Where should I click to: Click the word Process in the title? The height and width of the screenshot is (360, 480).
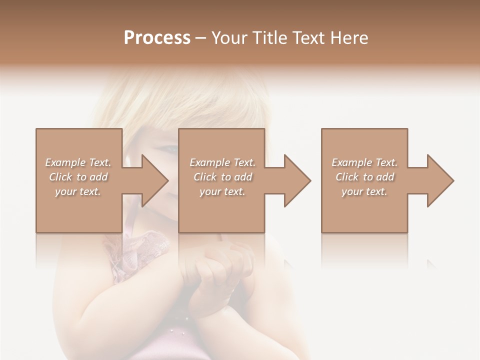point(157,38)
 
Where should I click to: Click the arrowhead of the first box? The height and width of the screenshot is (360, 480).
point(153,180)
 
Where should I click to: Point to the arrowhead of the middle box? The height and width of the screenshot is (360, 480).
point(296,180)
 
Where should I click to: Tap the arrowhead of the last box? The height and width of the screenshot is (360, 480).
point(439,180)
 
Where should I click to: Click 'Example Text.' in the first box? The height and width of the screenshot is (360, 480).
point(78,162)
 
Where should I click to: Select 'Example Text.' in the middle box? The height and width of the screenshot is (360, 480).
point(222,162)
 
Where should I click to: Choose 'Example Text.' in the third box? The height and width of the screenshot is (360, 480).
point(364,162)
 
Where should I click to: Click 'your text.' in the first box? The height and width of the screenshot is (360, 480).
point(78,191)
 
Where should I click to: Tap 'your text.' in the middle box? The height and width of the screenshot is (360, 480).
point(222,191)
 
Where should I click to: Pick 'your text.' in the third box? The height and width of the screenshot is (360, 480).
point(364,191)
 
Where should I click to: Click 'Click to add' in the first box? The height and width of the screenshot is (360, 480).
point(78,177)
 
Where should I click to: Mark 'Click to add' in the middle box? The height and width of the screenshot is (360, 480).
point(222,177)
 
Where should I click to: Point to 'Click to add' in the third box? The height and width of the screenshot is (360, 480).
point(364,177)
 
